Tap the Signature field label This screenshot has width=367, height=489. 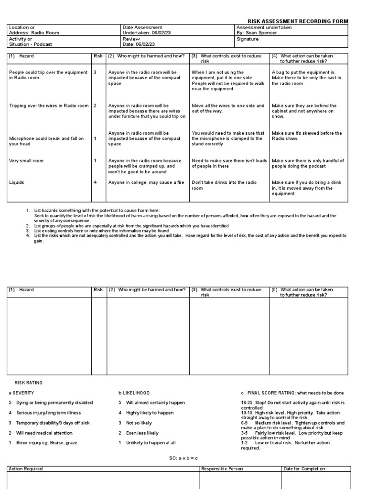247,39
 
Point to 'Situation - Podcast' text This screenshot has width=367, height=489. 30,44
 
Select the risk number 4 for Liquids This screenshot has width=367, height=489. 95,182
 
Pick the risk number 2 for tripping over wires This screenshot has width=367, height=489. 95,106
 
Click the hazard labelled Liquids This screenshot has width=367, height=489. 17,182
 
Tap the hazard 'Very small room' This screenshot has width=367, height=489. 26,161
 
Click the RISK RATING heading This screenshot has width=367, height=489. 29,383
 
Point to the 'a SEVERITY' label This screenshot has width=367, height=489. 22,393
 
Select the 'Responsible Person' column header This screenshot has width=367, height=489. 222,468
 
